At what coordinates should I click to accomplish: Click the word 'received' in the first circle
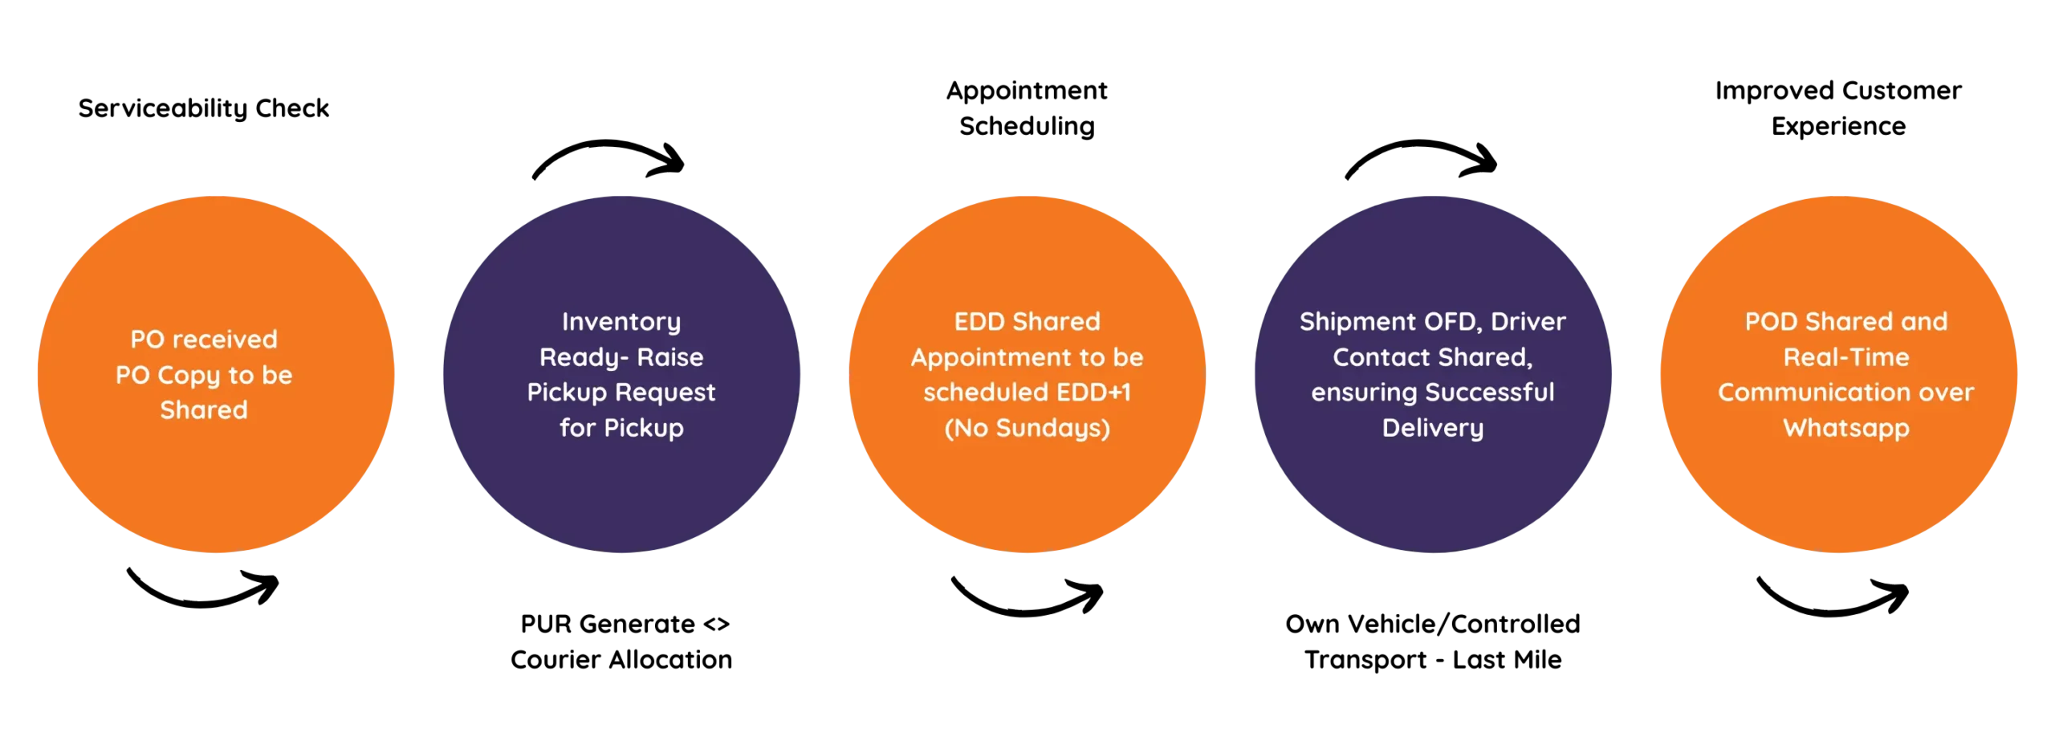click(226, 340)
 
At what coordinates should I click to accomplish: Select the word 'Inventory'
click(621, 322)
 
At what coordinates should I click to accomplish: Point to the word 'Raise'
click(670, 357)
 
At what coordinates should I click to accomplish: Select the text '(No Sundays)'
click(1027, 428)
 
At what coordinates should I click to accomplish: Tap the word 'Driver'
click(1528, 322)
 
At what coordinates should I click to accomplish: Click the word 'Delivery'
click(1433, 428)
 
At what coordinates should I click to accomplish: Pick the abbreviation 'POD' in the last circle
click(1772, 322)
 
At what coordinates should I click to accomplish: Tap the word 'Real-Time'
click(1846, 357)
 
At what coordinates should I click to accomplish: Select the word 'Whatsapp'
click(1846, 428)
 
